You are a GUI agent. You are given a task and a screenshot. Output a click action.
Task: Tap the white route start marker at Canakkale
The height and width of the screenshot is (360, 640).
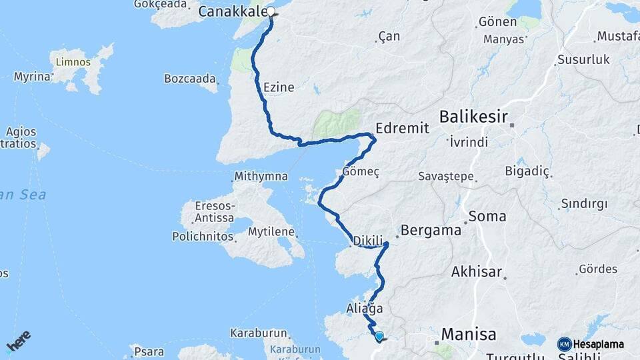click(271, 11)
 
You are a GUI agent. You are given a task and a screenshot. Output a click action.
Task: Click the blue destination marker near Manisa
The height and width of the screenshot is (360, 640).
click(379, 337)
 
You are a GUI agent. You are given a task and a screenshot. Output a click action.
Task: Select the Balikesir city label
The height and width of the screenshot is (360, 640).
click(473, 118)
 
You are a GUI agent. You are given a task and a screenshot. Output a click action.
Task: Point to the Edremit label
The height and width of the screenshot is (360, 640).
click(402, 128)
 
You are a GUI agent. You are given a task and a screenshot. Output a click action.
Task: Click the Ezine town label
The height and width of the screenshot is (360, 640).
click(279, 87)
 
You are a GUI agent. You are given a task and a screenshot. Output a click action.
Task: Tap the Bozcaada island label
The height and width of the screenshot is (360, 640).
click(190, 79)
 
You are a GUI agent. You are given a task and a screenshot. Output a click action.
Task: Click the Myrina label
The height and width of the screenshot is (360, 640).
click(32, 77)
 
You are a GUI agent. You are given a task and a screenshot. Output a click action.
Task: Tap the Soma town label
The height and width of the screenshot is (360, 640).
click(487, 217)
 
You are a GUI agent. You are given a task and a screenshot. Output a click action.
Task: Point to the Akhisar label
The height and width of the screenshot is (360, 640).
click(476, 271)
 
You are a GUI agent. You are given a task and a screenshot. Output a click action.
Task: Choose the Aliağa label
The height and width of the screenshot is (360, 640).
click(365, 309)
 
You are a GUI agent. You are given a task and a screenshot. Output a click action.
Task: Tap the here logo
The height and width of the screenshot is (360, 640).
click(19, 341)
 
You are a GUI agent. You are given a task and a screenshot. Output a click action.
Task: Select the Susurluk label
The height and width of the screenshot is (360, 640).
click(583, 59)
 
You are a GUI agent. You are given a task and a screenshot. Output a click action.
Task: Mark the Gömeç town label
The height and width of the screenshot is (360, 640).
click(361, 172)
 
